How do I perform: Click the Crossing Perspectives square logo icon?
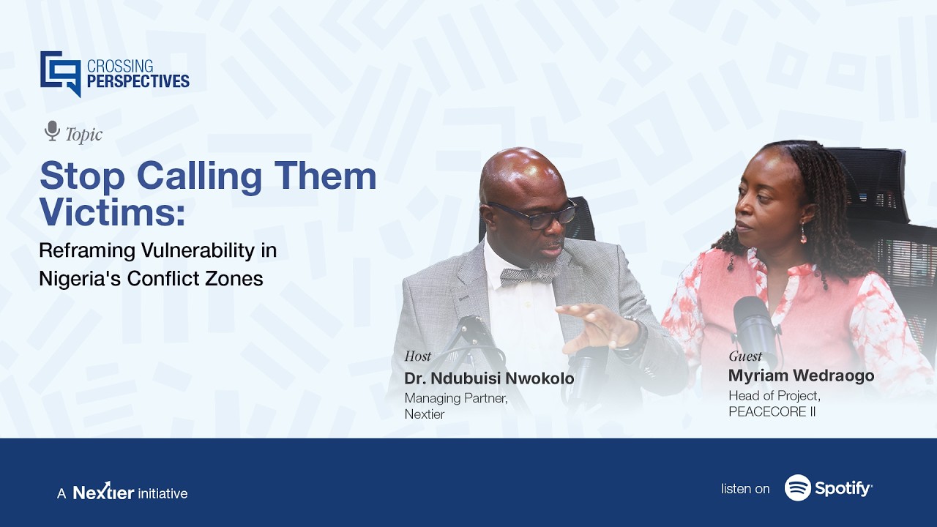[60, 73]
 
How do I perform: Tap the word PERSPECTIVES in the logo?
[138, 81]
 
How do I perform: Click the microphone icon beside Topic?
[52, 131]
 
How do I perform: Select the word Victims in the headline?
[111, 212]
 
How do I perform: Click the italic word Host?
[417, 356]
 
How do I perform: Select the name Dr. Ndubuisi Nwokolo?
[489, 378]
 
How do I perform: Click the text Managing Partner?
[455, 398]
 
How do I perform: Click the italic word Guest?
[745, 356]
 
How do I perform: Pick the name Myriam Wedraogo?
[801, 375]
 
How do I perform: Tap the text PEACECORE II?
[772, 411]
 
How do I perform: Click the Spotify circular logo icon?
[797, 487]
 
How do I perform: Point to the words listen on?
[745, 488]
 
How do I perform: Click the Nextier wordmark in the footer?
[103, 492]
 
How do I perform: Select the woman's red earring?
[803, 233]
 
